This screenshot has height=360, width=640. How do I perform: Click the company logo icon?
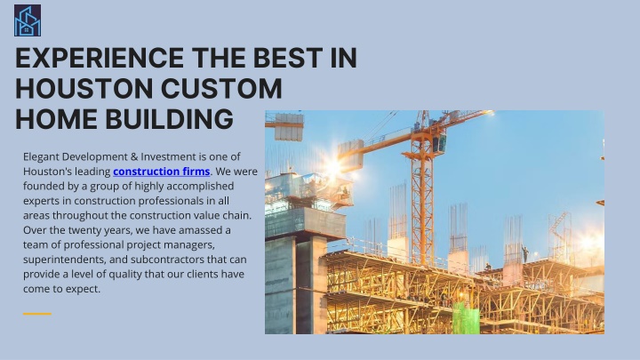pyautogui.click(x=28, y=20)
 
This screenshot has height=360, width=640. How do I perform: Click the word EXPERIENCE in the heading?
pyautogui.click(x=100, y=58)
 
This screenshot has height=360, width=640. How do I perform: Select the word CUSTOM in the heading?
pyautogui.click(x=221, y=88)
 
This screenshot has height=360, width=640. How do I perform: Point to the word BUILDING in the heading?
pyautogui.click(x=170, y=119)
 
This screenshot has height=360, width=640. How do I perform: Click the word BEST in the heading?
pyautogui.click(x=288, y=58)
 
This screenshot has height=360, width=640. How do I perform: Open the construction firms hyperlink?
pyautogui.click(x=161, y=172)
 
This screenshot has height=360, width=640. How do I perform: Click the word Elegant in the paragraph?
pyautogui.click(x=41, y=157)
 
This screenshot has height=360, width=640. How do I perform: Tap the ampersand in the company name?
pyautogui.click(x=134, y=156)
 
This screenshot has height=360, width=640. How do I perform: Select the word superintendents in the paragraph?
pyautogui.click(x=65, y=260)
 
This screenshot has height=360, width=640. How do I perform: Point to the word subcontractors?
pyautogui.click(x=167, y=260)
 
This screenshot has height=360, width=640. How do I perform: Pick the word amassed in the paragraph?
pyautogui.click(x=204, y=230)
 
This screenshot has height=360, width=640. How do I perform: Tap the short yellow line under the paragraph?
pyautogui.click(x=37, y=314)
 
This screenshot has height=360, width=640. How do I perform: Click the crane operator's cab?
pyautogui.click(x=439, y=142)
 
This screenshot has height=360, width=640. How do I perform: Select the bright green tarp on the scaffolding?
pyautogui.click(x=466, y=319)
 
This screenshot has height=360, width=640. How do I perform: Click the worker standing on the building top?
pyautogui.click(x=524, y=253)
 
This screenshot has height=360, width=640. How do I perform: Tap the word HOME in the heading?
pyautogui.click(x=56, y=119)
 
